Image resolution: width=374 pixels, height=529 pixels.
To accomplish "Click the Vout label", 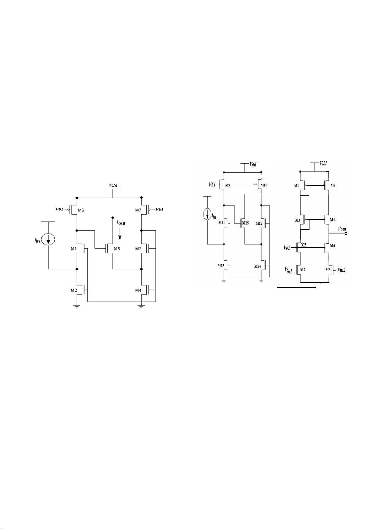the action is (342, 229).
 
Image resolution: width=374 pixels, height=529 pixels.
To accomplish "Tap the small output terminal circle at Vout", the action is (346, 234).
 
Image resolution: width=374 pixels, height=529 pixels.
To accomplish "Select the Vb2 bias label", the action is (287, 247).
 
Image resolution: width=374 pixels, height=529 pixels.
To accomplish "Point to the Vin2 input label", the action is (341, 270).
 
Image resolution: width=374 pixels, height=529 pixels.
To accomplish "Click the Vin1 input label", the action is (288, 270).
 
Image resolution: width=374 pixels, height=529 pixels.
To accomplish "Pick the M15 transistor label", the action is (246, 223).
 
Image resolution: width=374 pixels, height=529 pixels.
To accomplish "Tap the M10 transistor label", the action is (264, 185).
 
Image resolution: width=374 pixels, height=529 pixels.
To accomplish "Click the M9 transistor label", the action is (228, 186).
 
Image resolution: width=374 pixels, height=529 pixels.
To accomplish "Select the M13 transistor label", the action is (221, 266).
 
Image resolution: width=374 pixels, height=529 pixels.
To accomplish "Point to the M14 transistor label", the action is (257, 267).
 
